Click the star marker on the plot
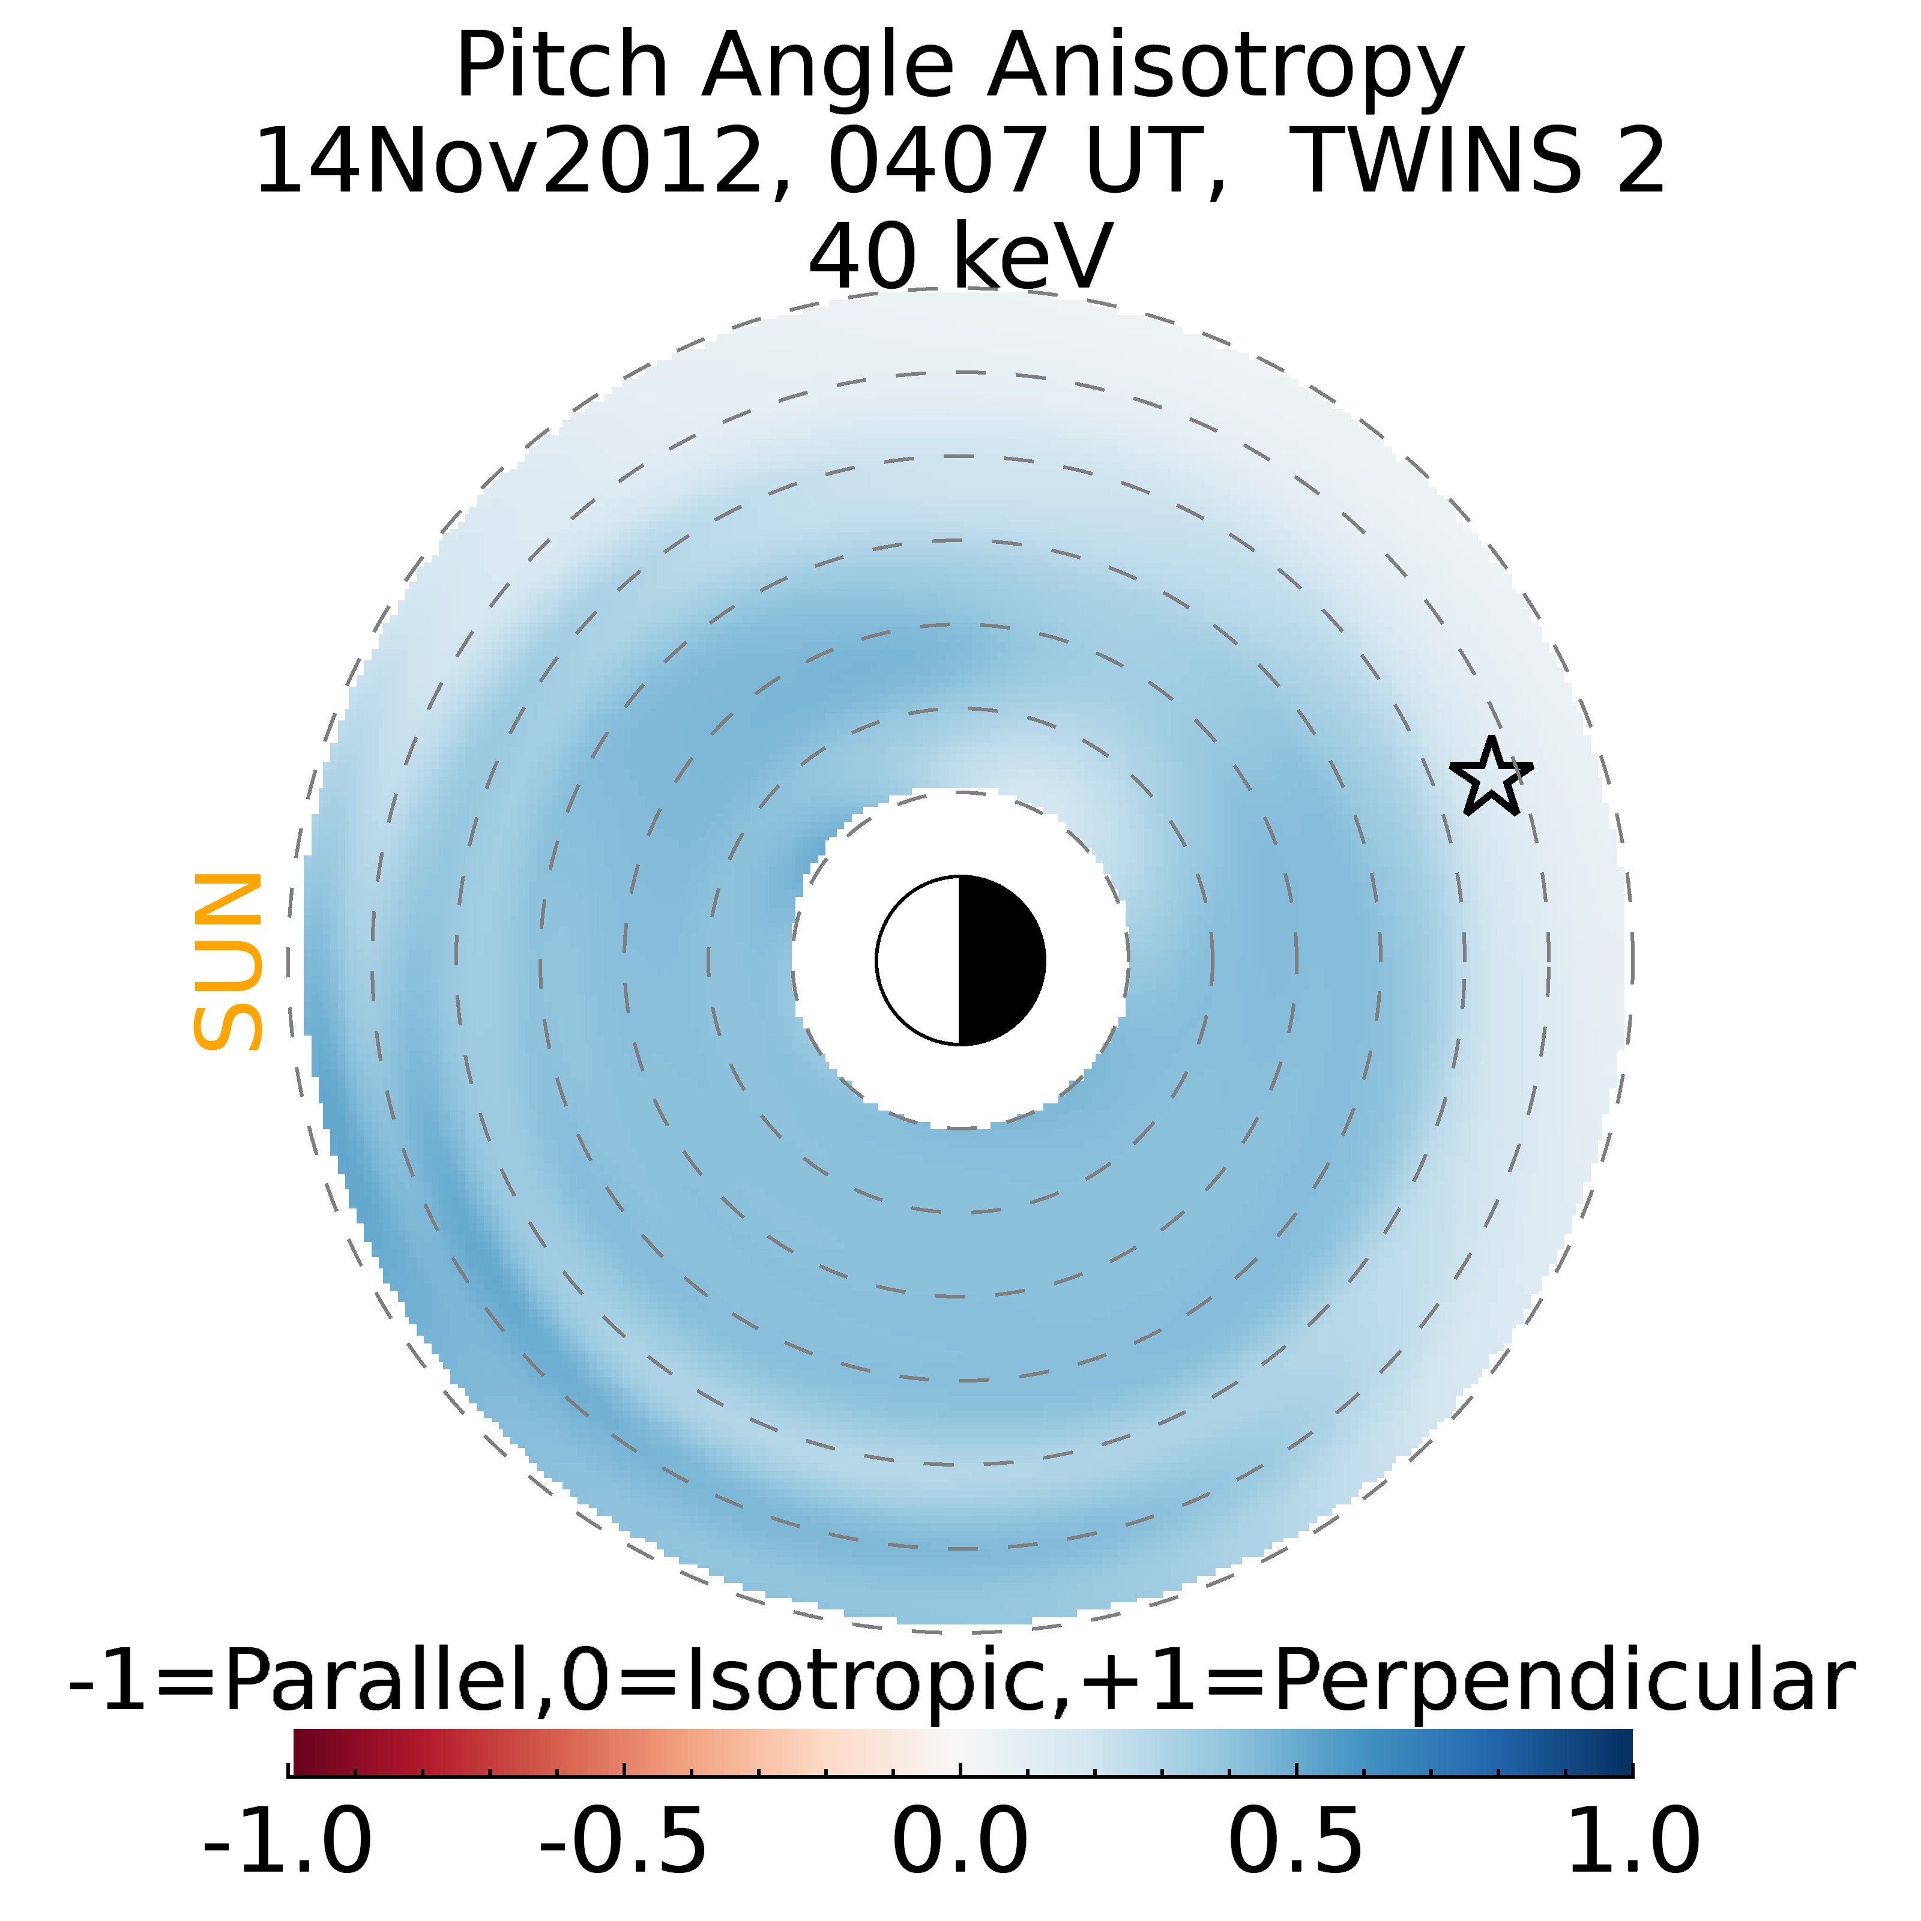(1491, 777)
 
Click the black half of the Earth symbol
(1000, 960)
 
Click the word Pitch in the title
(562, 68)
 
